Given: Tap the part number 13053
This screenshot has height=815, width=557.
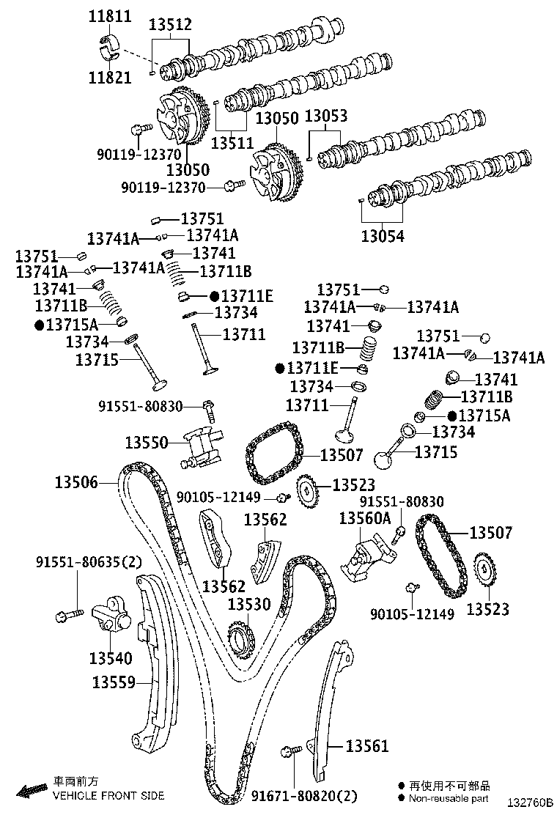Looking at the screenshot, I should (x=325, y=117).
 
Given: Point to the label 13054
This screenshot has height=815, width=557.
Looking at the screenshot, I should (x=382, y=236).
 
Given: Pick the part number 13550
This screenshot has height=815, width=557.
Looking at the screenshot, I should (x=147, y=442).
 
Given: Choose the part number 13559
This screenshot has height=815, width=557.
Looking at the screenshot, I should (x=114, y=682).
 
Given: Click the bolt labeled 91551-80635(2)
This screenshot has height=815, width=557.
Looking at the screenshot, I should (x=61, y=615).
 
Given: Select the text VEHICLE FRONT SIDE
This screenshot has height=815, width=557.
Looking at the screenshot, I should (x=108, y=795).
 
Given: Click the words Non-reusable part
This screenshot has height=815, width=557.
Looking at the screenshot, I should (x=449, y=798).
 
